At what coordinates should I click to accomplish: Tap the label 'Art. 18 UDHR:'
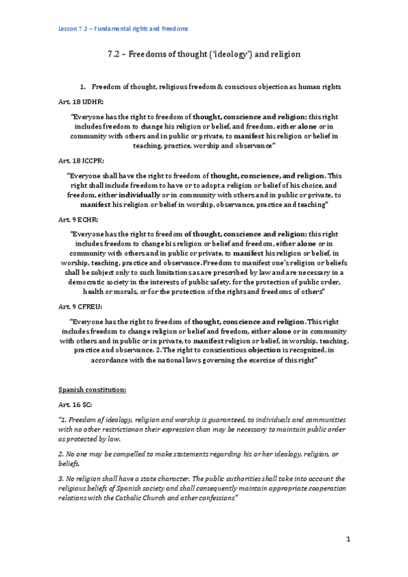80,101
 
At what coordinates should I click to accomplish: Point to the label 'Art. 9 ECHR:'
78,220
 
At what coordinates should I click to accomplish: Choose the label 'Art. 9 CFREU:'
80,307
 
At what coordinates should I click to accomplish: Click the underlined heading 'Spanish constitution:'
91,390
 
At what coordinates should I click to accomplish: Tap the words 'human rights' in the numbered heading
308,87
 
